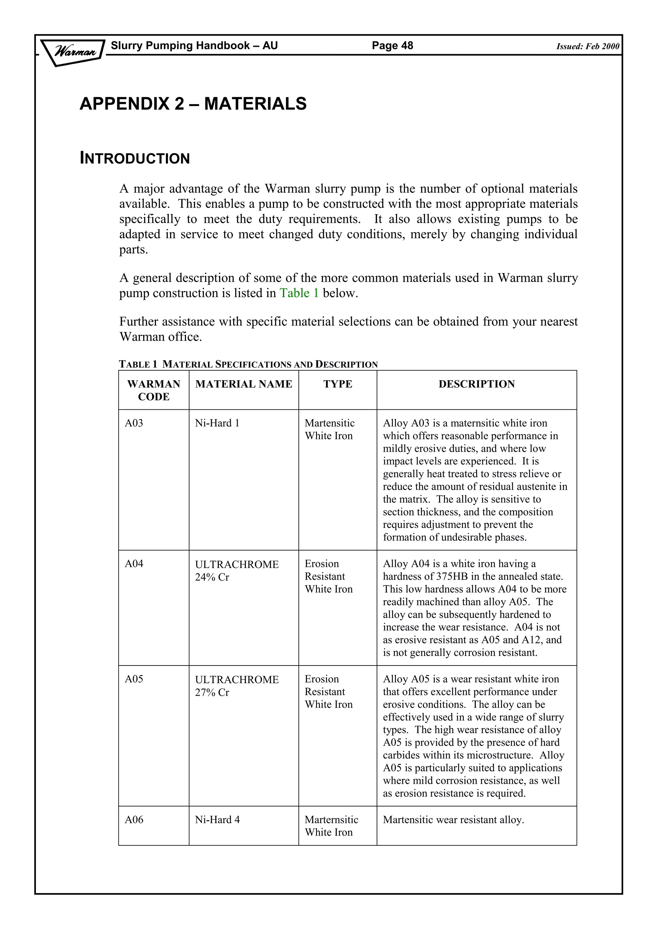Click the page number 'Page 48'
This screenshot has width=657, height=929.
coord(392,45)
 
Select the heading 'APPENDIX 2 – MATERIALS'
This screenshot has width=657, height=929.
coord(193,104)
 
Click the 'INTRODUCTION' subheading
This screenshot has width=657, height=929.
coord(135,158)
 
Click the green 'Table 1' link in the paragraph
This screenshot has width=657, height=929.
coord(299,293)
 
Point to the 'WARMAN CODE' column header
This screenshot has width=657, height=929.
coord(154,390)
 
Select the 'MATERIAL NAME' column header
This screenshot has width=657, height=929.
coord(244,384)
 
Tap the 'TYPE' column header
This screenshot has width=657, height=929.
coord(337,384)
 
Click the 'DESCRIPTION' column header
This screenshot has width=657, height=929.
coord(476,384)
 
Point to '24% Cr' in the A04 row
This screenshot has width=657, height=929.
coord(212,577)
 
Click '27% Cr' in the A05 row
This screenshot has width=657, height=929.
coord(212,693)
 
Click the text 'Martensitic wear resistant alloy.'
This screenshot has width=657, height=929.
coord(453,820)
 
